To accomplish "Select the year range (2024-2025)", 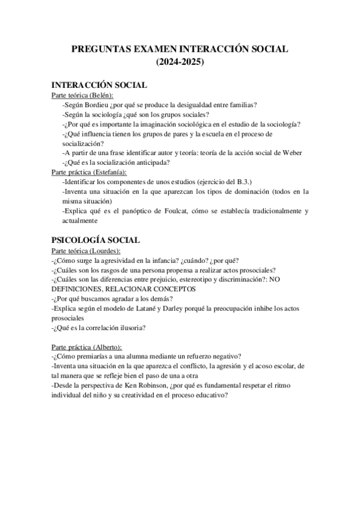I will click(180, 61).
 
